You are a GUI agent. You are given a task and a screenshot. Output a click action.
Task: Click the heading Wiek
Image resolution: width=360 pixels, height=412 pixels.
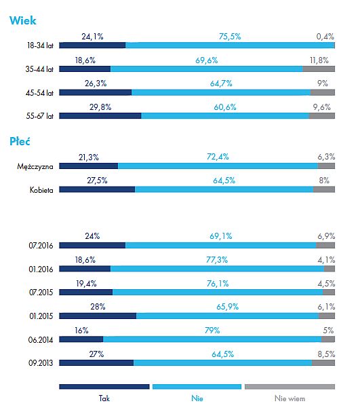(x=23, y=20)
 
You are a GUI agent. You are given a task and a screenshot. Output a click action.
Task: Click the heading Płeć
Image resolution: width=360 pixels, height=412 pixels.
(x=20, y=141)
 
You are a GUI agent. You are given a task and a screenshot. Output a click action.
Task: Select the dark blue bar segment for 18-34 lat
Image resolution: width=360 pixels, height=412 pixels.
(x=92, y=45)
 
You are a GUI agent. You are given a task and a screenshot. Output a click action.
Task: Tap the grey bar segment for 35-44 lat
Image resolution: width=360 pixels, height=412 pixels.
(x=319, y=69)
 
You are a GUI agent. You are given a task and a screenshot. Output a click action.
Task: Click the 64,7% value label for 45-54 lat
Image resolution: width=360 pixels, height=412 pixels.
(x=221, y=83)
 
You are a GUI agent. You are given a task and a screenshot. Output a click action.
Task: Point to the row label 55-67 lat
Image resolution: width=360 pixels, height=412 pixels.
(x=39, y=116)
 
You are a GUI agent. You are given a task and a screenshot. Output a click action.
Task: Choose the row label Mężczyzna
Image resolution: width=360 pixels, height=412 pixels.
(x=35, y=166)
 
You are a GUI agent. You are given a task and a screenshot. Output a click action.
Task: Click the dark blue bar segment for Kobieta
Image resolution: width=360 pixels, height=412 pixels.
(x=97, y=189)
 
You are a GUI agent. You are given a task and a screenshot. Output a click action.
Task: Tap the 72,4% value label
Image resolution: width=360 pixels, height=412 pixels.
(x=218, y=157)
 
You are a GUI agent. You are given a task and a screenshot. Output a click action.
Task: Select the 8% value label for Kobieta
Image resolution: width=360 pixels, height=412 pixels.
(x=324, y=181)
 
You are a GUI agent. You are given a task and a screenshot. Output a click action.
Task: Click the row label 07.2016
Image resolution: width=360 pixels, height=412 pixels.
(x=41, y=246)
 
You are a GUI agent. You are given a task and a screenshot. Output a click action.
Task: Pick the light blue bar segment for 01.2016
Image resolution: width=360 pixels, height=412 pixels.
(x=217, y=269)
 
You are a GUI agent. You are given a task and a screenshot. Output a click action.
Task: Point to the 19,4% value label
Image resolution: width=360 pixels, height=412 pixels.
(x=86, y=284)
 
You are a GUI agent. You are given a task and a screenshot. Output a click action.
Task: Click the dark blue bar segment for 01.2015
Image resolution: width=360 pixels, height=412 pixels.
(x=98, y=316)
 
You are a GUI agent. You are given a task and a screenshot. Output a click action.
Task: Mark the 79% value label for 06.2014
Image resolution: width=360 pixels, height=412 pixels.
(x=212, y=331)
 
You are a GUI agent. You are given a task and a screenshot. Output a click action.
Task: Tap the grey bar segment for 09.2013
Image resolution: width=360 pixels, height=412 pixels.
(x=323, y=363)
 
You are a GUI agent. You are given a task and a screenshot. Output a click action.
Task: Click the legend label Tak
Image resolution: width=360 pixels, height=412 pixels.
(x=104, y=398)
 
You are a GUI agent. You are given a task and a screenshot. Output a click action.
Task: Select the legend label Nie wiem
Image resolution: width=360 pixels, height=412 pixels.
(x=289, y=398)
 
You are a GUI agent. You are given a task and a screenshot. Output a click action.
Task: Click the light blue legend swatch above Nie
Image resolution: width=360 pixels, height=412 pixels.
(x=197, y=386)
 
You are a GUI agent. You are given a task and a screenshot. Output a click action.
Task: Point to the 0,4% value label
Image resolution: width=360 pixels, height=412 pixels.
(x=325, y=37)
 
